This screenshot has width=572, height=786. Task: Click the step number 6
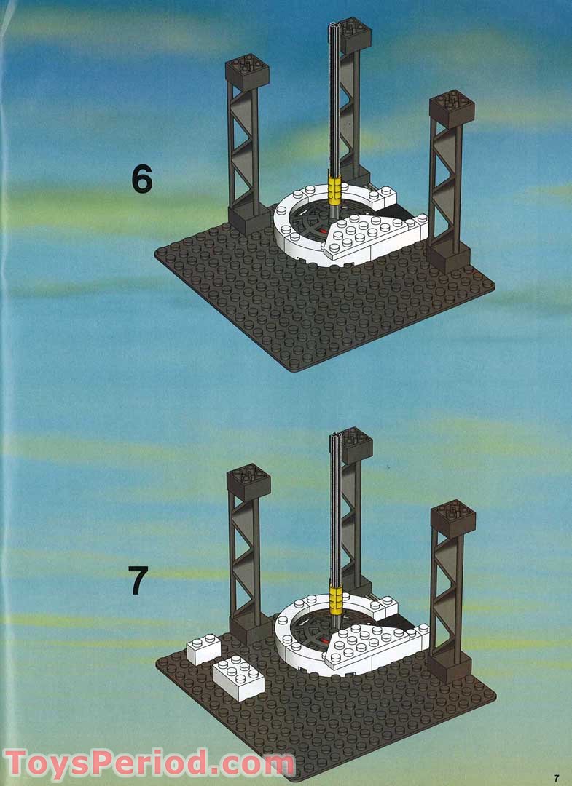coord(141,180)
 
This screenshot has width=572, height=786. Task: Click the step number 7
coord(138,580)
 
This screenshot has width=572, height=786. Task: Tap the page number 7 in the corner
coord(555,779)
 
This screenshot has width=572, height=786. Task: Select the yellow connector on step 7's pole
coord(335,600)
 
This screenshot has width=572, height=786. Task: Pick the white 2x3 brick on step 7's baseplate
coord(238,678)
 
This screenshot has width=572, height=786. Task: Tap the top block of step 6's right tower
coord(452,108)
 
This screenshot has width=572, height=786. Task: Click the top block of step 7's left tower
coord(248,483)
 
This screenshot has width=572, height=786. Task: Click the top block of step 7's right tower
coord(453,519)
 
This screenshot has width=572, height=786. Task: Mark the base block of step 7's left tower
coord(250,630)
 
